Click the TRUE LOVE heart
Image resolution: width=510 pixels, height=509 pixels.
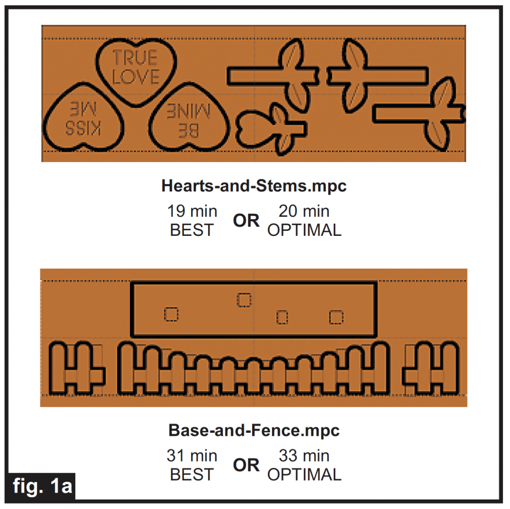coord(136,72)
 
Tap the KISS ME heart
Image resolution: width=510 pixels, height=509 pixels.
coord(83,118)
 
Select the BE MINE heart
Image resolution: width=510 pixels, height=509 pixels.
coord(189,118)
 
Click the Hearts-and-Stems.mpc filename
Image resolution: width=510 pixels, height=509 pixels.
coord(254,185)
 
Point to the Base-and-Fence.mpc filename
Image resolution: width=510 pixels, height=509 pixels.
coord(254,430)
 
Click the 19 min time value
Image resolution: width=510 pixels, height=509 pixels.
coord(192,211)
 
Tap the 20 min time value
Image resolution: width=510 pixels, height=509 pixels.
coord(304,211)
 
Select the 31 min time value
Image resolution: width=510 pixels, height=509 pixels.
coord(192,455)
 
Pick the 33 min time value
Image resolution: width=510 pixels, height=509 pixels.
coord(304,455)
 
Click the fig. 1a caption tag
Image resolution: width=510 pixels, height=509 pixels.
coord(42,486)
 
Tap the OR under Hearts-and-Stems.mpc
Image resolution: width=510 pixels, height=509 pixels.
coord(246,221)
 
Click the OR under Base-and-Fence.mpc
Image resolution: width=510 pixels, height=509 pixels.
coord(246,465)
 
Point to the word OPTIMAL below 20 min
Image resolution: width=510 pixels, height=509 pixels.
coord(304,230)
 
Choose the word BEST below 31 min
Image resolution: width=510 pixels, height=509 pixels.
coord(192,475)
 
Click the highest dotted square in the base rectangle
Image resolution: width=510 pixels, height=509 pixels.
coord(244,300)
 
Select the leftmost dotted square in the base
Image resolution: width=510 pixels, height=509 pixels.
coord(171,314)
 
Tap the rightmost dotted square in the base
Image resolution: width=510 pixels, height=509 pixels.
coord(336,317)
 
